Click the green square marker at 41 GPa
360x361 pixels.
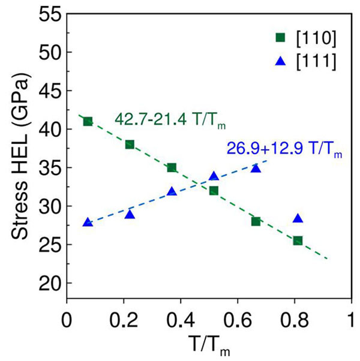click(x=88, y=121)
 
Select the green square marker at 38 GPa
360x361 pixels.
click(x=130, y=145)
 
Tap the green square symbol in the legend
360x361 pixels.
click(x=280, y=38)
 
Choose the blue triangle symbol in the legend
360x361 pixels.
click(x=280, y=59)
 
